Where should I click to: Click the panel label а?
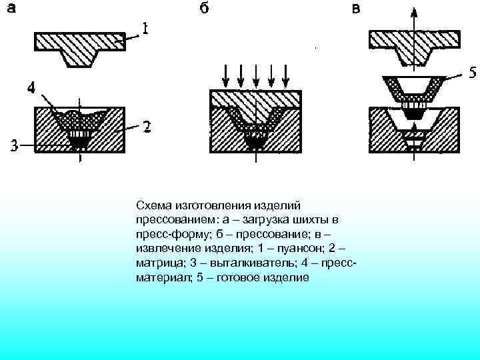pos(12,10)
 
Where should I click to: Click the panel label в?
pos(357,10)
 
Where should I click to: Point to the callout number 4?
pos(32,87)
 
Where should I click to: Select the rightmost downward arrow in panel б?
pos(285,77)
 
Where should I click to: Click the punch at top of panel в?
pos(414,43)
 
